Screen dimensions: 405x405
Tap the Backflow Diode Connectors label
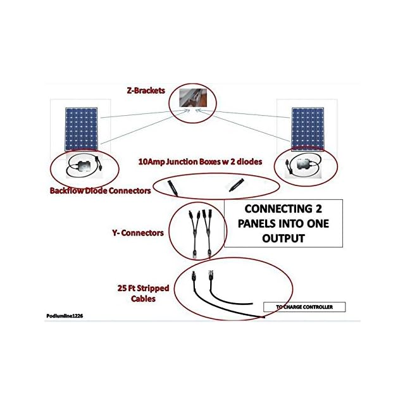[x=100, y=190]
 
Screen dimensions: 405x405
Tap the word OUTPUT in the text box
[x=283, y=239]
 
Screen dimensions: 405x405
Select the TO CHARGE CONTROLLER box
[x=305, y=308]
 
